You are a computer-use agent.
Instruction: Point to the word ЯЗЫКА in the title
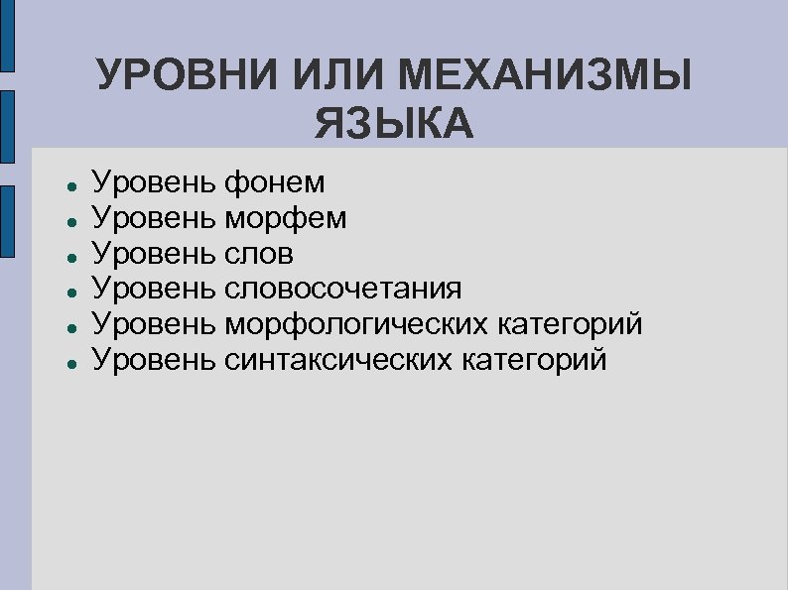(394, 125)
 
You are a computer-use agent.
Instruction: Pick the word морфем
(286, 218)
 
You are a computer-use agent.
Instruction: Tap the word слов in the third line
(259, 254)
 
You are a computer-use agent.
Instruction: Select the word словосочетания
(342, 289)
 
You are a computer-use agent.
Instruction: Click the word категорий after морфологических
(583, 324)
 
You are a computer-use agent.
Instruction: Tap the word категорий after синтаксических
(545, 359)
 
